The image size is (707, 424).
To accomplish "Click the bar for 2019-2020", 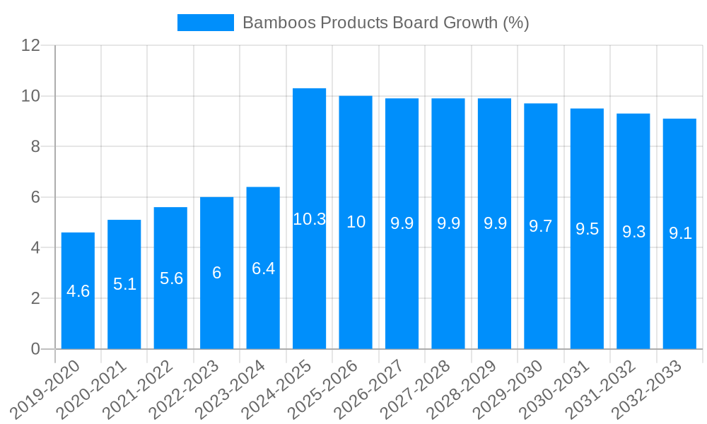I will (x=78, y=290).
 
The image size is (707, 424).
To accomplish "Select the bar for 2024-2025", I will (x=309, y=218).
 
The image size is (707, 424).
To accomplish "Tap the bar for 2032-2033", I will (x=679, y=234).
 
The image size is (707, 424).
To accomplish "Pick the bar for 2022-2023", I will (x=216, y=273).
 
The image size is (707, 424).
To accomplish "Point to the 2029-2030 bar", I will (x=541, y=226).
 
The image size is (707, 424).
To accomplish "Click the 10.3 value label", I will (x=309, y=219).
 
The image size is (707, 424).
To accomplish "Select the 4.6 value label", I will (x=78, y=291).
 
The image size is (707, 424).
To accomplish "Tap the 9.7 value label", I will (x=541, y=226).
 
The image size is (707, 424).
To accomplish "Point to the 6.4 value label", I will (x=263, y=269).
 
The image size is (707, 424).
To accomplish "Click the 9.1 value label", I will (x=680, y=234).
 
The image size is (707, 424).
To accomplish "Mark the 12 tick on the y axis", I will (x=30, y=45).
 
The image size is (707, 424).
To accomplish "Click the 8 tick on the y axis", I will (x=35, y=146).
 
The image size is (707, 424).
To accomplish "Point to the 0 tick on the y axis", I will (x=35, y=349).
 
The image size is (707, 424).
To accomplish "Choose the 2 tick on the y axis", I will (x=35, y=298).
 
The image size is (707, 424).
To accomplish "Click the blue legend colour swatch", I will (x=205, y=23).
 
